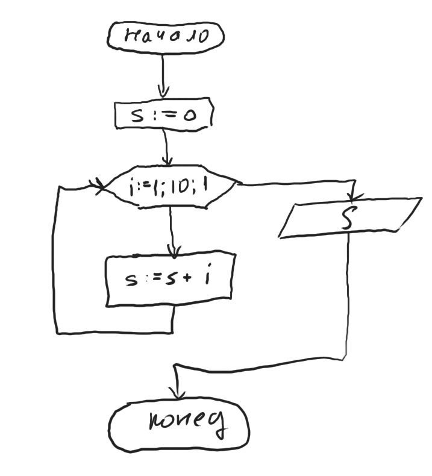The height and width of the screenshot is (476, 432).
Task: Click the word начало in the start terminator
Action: coord(166,36)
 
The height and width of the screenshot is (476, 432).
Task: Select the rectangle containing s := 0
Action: coord(163,114)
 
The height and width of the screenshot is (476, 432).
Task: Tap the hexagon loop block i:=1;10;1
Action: coord(171,188)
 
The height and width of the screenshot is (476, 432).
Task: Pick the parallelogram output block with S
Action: coord(350,217)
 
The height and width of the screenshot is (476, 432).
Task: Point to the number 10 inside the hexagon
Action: coord(178,187)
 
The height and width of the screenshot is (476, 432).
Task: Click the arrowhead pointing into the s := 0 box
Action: coord(163,93)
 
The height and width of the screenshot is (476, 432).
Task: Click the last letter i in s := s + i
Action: coord(208,279)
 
